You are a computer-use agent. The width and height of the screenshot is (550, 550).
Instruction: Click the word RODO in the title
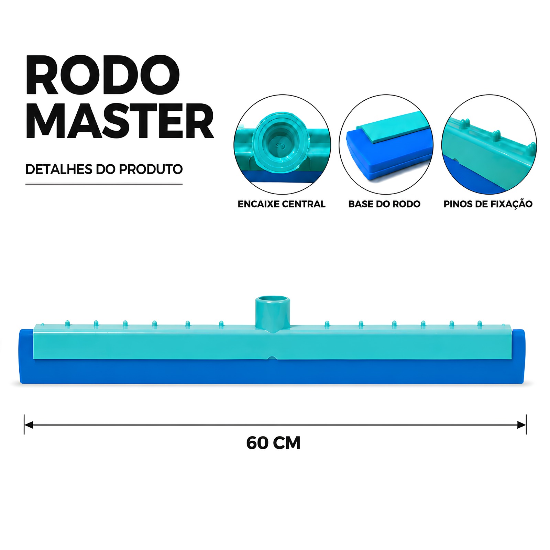pyautogui.click(x=103, y=75)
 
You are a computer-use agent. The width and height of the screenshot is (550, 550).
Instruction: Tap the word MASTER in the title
pyautogui.click(x=120, y=121)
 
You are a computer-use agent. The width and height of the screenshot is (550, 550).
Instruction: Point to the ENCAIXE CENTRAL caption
pyautogui.click(x=282, y=204)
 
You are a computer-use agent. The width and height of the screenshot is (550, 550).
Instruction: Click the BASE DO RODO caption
pyautogui.click(x=384, y=204)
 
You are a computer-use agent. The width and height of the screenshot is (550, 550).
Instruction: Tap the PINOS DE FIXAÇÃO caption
pyautogui.click(x=488, y=204)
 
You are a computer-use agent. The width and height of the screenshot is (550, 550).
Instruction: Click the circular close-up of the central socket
pyautogui.click(x=282, y=144)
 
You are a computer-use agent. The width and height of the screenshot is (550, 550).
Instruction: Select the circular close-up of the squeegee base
pyautogui.click(x=386, y=144)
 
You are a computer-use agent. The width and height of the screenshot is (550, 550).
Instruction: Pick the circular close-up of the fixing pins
pyautogui.click(x=489, y=144)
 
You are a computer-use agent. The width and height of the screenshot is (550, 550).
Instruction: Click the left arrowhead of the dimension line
pyautogui.click(x=28, y=425)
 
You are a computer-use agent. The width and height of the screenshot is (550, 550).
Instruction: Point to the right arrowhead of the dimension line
pyautogui.click(x=522, y=425)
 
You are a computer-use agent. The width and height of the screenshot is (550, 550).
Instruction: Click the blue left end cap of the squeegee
pyautogui.click(x=26, y=356)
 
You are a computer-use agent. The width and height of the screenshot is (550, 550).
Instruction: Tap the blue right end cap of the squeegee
pyautogui.click(x=519, y=356)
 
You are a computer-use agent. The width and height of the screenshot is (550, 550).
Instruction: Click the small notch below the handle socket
pyautogui.click(x=272, y=359)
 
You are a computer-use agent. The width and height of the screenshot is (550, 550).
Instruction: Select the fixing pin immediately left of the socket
pyautogui.click(x=221, y=323)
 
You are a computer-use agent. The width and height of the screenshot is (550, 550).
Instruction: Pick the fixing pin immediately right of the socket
pyautogui.click(x=327, y=323)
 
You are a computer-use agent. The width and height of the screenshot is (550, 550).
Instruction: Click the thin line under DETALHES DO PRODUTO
pyautogui.click(x=104, y=184)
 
